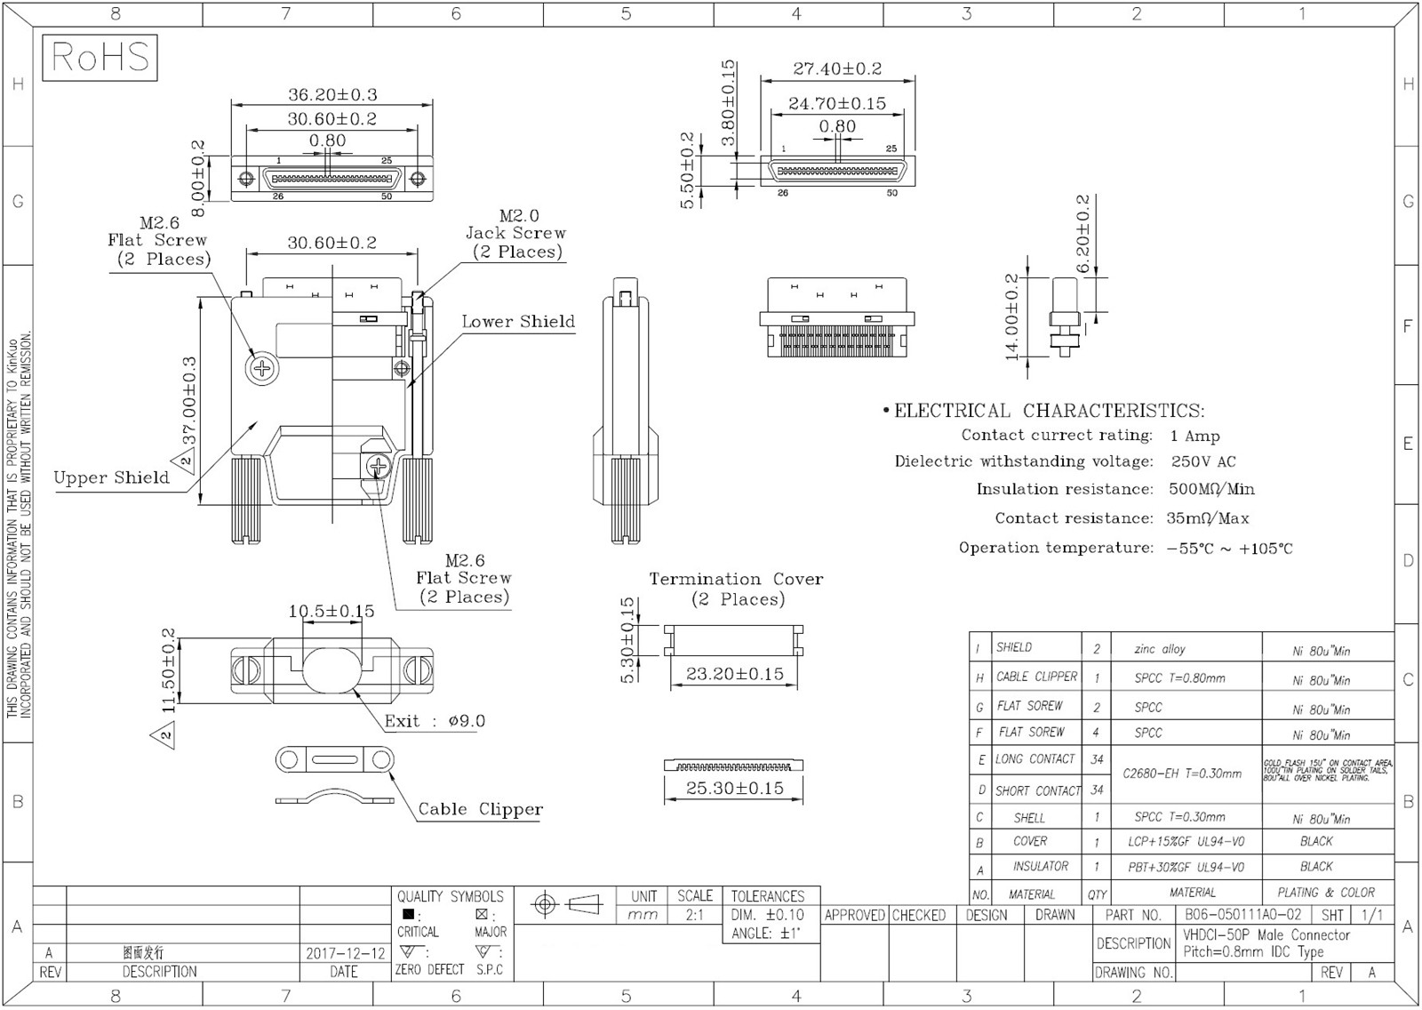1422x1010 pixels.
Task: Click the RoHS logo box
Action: click(x=100, y=58)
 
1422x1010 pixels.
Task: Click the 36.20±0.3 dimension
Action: click(x=332, y=94)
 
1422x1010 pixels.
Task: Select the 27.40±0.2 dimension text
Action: click(x=837, y=68)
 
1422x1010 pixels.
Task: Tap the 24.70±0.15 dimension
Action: click(x=837, y=104)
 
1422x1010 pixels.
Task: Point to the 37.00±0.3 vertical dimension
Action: click(x=189, y=401)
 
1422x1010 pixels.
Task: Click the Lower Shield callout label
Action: click(x=518, y=322)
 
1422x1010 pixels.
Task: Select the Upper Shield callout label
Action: click(x=111, y=477)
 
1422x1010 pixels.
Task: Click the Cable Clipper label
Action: click(x=480, y=809)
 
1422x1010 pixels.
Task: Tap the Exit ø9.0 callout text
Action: click(x=435, y=721)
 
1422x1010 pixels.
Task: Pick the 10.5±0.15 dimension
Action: click(x=331, y=611)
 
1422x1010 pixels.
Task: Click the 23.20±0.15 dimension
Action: click(x=734, y=674)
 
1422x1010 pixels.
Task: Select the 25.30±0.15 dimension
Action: click(x=734, y=788)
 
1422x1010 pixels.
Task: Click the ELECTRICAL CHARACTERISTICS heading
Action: click(x=1049, y=411)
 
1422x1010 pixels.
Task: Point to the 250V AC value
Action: click(x=1202, y=461)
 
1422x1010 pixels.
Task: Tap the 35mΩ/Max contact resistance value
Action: click(x=1207, y=518)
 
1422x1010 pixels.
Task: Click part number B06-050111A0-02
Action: click(x=1242, y=915)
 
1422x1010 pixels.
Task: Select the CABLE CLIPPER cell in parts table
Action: click(x=1036, y=677)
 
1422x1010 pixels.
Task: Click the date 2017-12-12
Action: click(x=346, y=953)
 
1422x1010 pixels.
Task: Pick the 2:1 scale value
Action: click(x=694, y=915)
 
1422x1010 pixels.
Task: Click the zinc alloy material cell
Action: click(x=1160, y=649)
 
